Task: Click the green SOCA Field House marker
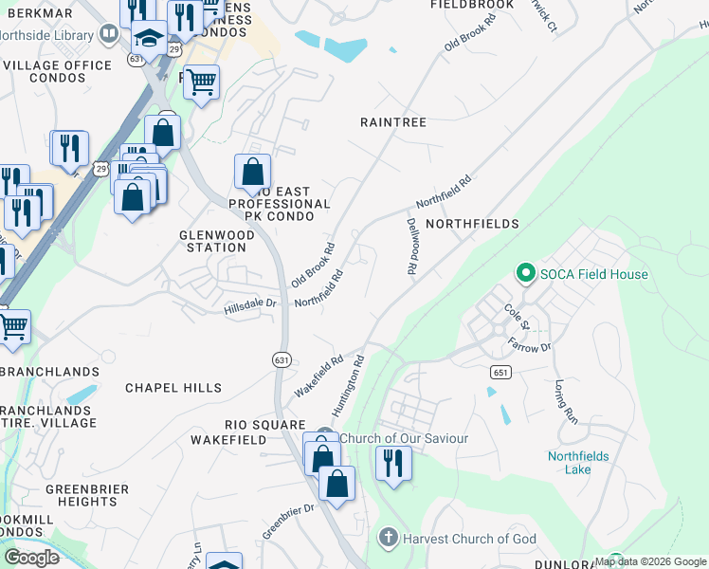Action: (x=526, y=274)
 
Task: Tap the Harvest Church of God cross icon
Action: (x=388, y=539)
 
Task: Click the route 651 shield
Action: (x=501, y=373)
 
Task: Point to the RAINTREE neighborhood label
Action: (x=393, y=122)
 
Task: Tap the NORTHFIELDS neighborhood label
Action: (x=472, y=224)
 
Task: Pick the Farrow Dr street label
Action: (x=529, y=342)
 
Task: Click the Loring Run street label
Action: (x=565, y=400)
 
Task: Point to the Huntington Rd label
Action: (x=348, y=385)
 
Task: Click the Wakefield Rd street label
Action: (x=318, y=376)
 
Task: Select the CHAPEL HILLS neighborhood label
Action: (x=173, y=388)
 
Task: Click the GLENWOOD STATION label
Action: (x=213, y=240)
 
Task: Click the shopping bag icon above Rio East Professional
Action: (x=252, y=172)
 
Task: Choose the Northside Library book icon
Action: (x=109, y=35)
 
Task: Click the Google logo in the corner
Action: (x=30, y=557)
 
